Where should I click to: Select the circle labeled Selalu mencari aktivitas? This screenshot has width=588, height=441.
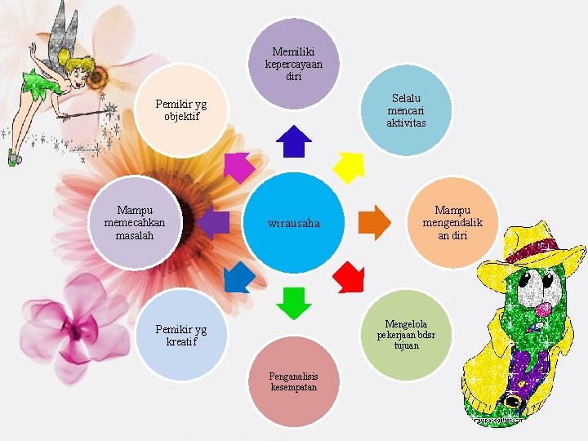406,110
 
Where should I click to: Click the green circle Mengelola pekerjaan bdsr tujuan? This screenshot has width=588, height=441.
406,335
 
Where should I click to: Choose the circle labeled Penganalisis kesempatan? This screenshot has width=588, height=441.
293,381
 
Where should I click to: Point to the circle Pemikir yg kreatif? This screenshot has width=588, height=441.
181,335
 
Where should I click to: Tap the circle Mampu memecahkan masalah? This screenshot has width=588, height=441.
135,223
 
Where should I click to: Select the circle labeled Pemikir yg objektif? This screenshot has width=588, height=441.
181,110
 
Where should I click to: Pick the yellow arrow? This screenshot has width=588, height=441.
350,167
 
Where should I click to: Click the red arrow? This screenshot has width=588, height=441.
350,278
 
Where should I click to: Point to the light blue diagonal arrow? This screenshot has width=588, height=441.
238,278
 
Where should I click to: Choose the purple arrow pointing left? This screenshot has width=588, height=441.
214,223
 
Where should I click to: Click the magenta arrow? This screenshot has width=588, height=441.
238,167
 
